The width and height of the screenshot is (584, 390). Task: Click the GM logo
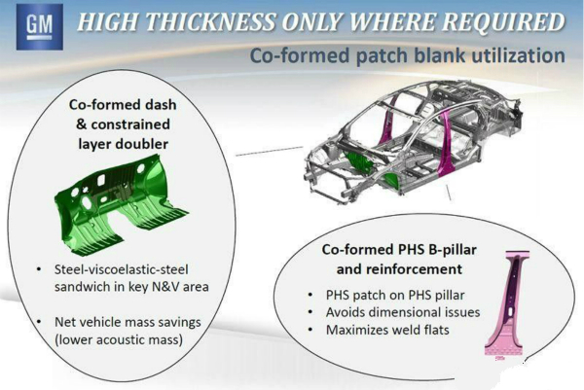pos(40,27)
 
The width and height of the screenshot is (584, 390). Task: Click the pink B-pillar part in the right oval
pos(507,304)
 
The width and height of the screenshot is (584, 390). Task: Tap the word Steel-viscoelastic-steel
pos(122,269)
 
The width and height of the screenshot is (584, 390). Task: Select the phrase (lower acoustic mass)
pos(119,339)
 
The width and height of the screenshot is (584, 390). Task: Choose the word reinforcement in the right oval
pos(420,268)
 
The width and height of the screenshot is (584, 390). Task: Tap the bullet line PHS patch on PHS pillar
pos(395,295)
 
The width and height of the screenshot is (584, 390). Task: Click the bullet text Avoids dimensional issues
pos(403,312)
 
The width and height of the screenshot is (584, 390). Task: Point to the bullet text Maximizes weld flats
pos(387,330)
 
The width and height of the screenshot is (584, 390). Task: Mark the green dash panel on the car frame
pos(358,163)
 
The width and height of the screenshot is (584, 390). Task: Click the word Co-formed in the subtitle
pos(300,55)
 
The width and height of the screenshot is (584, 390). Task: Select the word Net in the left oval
pos(65,322)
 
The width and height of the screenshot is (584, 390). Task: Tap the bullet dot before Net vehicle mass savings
pos(39,322)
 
